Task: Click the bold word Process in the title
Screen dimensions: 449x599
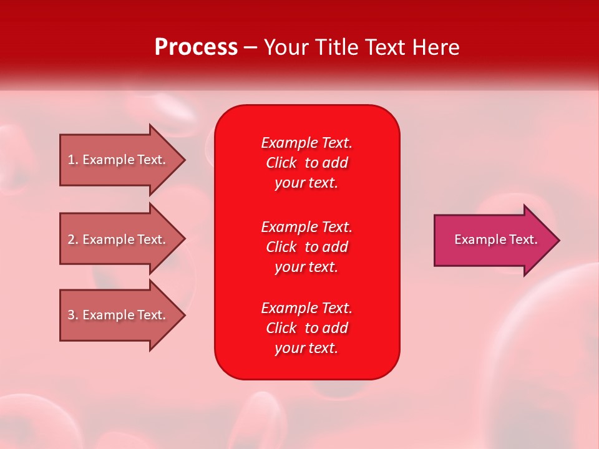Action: click(196, 47)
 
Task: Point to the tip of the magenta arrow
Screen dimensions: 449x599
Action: click(557, 240)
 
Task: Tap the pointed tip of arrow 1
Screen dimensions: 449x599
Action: click(183, 160)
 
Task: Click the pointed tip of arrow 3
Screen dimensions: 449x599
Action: click(183, 315)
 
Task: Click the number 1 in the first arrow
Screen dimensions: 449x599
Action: click(71, 160)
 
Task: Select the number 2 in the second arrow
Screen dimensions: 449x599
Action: click(71, 239)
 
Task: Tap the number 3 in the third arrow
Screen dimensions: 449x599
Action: click(71, 315)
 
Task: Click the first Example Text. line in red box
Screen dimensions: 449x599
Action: click(306, 143)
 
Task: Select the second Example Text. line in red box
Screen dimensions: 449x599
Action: click(306, 227)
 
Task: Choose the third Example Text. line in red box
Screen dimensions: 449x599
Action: click(306, 308)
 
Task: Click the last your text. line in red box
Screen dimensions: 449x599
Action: click(306, 348)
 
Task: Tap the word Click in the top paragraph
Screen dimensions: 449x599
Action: click(281, 163)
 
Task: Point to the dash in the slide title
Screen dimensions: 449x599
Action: click(250, 48)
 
